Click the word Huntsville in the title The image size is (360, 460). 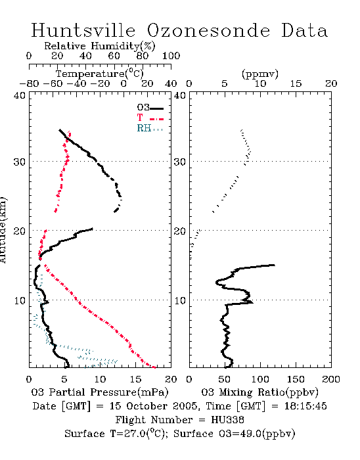click(x=83, y=30)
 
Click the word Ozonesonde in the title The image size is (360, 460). click(x=208, y=30)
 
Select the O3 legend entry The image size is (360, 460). click(x=150, y=108)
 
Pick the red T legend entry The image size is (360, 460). click(x=150, y=118)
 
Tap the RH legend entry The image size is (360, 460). click(x=150, y=128)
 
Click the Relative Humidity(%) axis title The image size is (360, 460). click(x=100, y=46)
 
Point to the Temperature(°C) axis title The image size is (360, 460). click(x=100, y=74)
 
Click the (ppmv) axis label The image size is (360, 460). click(x=260, y=74)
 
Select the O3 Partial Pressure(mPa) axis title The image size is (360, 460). click(x=100, y=392)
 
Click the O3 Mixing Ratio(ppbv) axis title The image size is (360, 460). click(x=259, y=392)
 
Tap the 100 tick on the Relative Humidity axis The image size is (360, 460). click(x=171, y=56)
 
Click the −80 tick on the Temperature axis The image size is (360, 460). click(x=29, y=84)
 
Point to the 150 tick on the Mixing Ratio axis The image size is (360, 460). click(x=296, y=379)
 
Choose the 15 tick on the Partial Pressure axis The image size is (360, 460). click(x=135, y=379)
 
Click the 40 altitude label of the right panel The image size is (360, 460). click(x=180, y=95)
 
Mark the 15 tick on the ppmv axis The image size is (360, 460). click(x=296, y=84)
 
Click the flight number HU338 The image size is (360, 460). click(x=227, y=420)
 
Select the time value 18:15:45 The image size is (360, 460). click(x=305, y=406)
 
